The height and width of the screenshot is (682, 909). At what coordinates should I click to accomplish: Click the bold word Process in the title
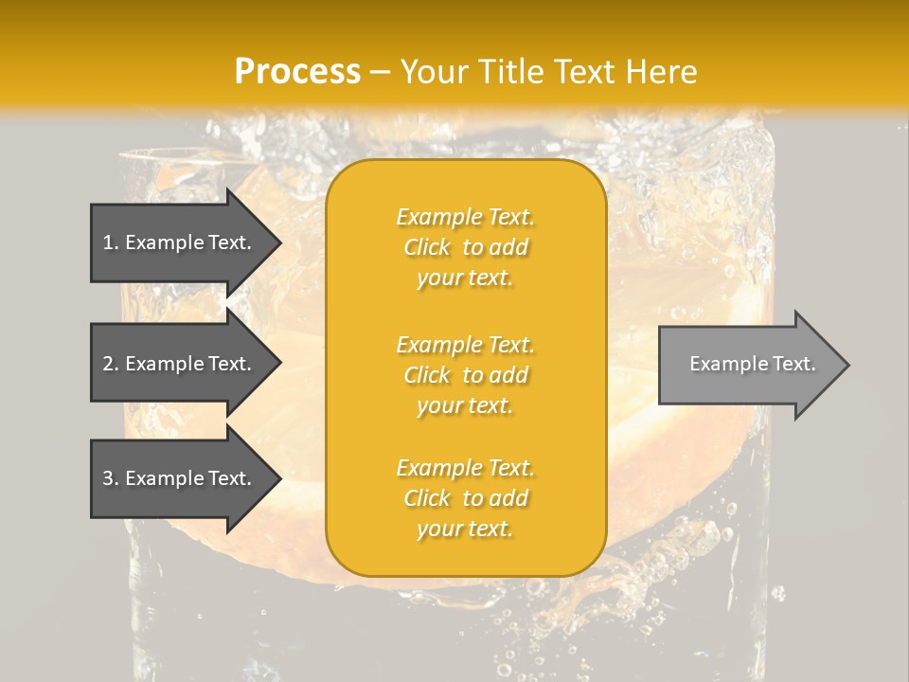297,72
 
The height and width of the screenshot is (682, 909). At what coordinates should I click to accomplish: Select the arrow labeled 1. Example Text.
180,242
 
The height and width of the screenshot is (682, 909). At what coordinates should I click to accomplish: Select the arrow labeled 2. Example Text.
180,364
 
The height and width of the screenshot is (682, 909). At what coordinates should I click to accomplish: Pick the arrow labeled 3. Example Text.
180,478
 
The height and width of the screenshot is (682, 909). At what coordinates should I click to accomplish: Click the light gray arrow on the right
748,365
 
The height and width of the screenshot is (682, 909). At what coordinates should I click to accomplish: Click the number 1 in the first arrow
108,242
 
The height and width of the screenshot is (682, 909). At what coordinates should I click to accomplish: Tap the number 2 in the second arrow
108,364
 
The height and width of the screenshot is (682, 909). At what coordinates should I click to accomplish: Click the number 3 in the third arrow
108,478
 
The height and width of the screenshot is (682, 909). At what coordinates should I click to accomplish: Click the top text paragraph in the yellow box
465,247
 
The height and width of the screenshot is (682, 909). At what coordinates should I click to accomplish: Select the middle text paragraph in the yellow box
465,375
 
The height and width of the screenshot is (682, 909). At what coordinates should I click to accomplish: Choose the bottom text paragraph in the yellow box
465,498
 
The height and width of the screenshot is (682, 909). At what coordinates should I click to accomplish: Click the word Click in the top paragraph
427,247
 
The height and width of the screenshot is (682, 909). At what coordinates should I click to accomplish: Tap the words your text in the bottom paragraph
465,529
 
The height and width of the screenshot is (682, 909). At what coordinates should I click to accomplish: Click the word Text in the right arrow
793,364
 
